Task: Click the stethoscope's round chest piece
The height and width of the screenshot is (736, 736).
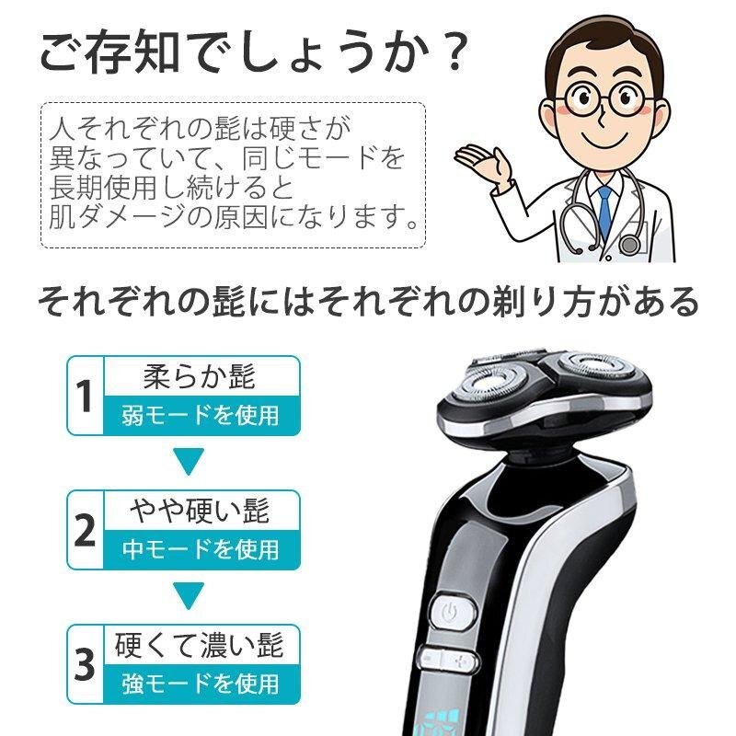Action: point(630,245)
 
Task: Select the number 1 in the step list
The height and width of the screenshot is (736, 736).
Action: point(85,397)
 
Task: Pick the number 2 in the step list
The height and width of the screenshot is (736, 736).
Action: point(85,530)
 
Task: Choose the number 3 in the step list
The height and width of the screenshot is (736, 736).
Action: point(85,665)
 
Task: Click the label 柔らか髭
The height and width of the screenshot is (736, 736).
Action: point(199,376)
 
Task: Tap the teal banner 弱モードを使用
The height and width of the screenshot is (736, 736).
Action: point(199,415)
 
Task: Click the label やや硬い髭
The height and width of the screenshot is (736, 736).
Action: point(199,510)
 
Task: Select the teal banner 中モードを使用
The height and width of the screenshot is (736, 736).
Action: point(199,549)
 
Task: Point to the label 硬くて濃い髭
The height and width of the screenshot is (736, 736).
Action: point(199,644)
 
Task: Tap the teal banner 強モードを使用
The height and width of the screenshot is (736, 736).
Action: point(199,684)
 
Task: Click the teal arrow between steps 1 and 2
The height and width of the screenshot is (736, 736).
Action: point(188,462)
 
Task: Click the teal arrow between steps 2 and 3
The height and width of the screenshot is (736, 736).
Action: point(188,596)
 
